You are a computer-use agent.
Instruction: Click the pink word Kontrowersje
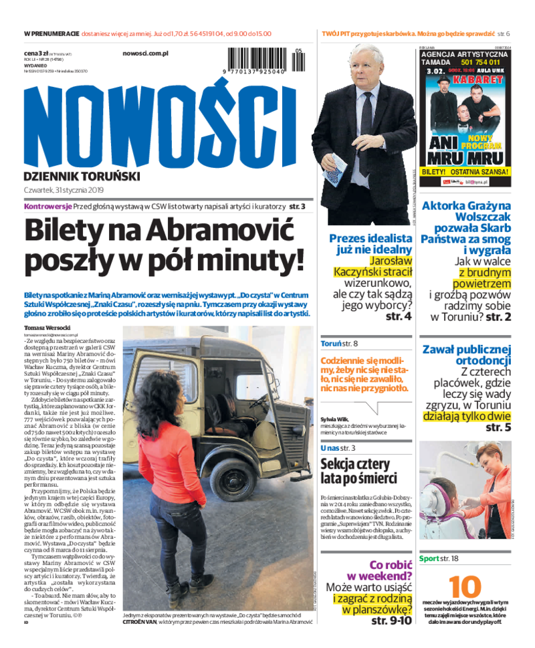click(x=47, y=207)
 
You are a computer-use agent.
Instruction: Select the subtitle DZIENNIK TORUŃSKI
click(x=82, y=177)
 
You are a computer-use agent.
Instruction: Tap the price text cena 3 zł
click(x=36, y=52)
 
